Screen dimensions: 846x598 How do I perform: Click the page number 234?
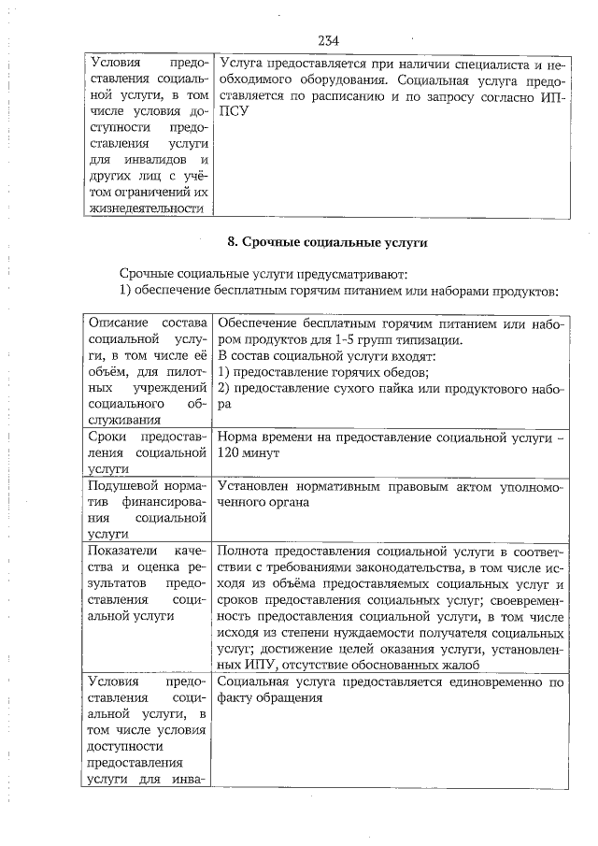[327, 40]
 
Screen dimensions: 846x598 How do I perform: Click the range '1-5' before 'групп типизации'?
[341, 340]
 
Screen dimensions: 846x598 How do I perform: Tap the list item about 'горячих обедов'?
[322, 376]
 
